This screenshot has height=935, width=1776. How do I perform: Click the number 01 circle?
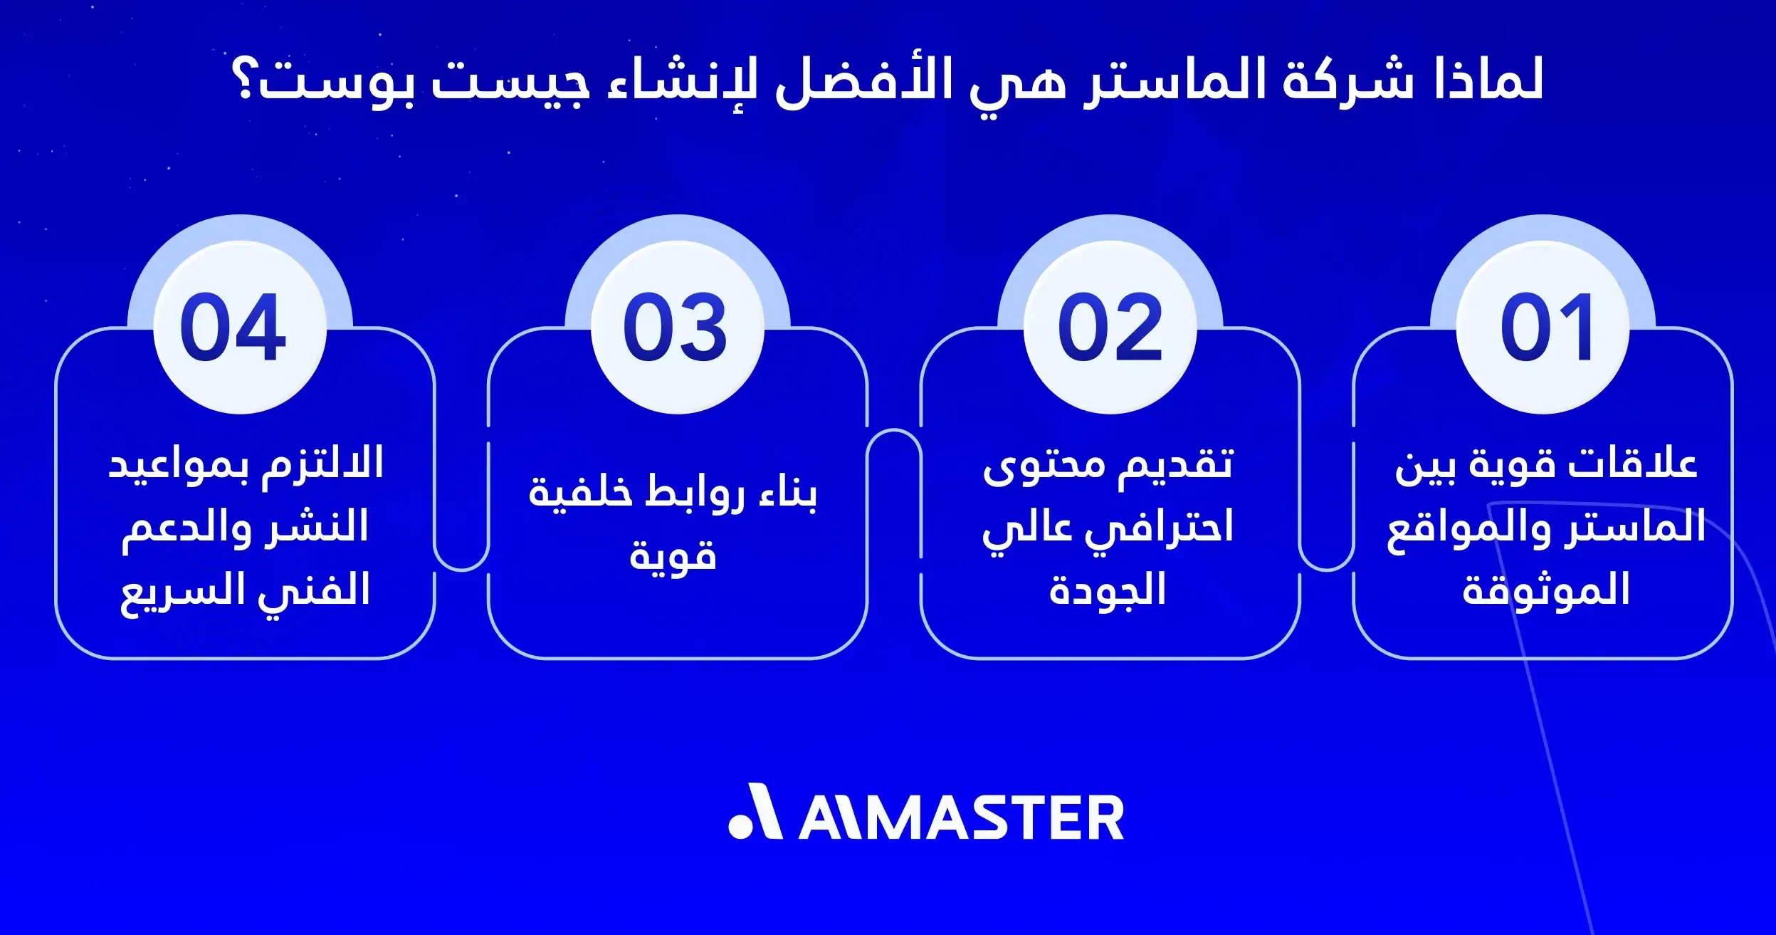pos(1543,328)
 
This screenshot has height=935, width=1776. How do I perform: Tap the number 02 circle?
pos(1110,328)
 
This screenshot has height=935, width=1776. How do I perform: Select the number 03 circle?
pos(677,328)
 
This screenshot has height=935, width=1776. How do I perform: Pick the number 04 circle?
pos(240,328)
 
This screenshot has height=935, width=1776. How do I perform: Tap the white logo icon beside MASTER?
pos(755,813)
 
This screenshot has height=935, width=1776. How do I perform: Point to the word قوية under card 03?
pos(673,555)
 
